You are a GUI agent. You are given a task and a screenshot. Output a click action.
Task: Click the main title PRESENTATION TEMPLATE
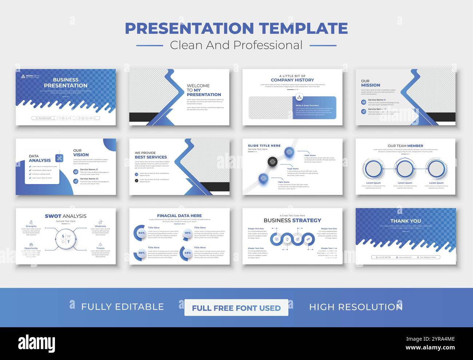pyautogui.click(x=236, y=28)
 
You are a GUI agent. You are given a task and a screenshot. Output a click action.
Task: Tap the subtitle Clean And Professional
pyautogui.click(x=236, y=45)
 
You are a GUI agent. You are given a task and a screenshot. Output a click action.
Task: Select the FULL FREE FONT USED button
pyautogui.click(x=236, y=308)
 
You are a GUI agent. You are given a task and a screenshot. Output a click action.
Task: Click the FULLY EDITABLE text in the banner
pyautogui.click(x=122, y=307)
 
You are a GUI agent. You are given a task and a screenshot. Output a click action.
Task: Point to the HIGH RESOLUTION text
pyautogui.click(x=355, y=307)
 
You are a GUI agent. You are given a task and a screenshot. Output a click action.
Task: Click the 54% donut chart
pyautogui.click(x=141, y=233)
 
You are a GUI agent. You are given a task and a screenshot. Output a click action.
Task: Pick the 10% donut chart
pyautogui.click(x=187, y=233)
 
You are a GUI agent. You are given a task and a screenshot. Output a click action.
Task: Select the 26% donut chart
pyautogui.click(x=141, y=253)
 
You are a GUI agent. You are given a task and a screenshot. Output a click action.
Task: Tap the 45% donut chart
pyautogui.click(x=187, y=253)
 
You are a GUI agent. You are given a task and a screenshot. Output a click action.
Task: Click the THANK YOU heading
pyautogui.click(x=405, y=221)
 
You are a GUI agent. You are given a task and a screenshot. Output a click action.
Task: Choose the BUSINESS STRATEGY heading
pyautogui.click(x=292, y=220)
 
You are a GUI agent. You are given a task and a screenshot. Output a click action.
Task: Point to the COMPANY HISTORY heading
pyautogui.click(x=292, y=80)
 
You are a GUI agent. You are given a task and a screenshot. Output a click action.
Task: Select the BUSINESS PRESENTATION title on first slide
pyautogui.click(x=65, y=83)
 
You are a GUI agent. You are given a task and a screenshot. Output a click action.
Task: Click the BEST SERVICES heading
pyautogui.click(x=151, y=157)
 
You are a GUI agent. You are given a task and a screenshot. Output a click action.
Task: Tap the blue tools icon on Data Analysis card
pyautogui.click(x=59, y=158)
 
